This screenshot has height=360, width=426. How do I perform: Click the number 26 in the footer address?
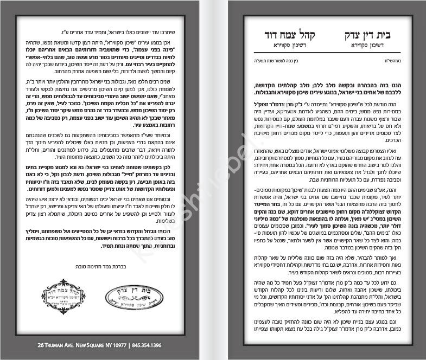coord(41,345)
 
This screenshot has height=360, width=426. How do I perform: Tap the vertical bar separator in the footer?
coord(129,345)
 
